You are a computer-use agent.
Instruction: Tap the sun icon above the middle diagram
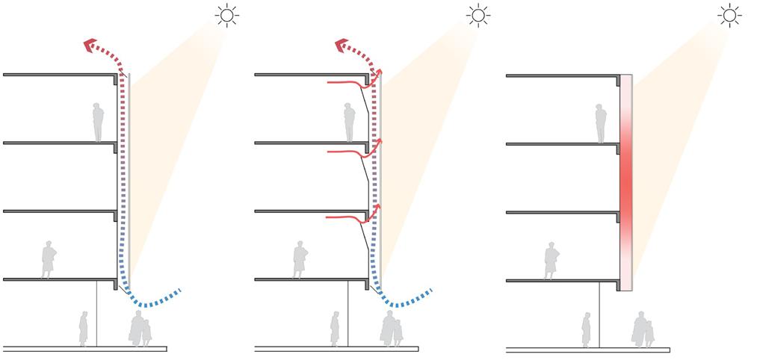coord(476,15)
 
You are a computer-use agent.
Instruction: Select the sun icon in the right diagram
coord(728,15)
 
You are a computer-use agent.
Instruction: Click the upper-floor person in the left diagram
coord(98,122)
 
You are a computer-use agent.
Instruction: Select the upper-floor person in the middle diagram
coord(349,122)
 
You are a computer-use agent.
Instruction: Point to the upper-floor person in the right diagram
coord(600,122)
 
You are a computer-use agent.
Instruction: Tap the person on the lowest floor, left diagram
coord(49,259)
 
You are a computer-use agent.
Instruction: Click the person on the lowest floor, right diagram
coord(552,259)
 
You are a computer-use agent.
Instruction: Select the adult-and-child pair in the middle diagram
coord(392,329)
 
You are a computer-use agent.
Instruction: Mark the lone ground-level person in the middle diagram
coord(336,329)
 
